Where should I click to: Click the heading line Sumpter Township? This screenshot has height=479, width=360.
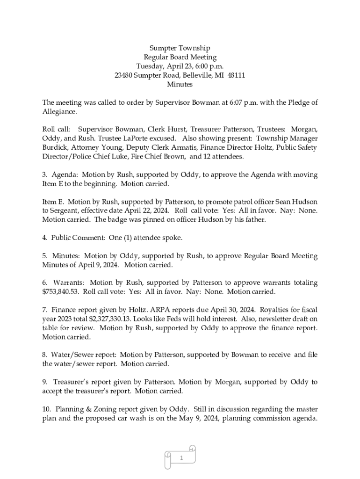[180, 48]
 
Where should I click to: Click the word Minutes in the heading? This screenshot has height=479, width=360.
[180, 85]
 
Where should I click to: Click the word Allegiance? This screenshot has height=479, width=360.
[60, 112]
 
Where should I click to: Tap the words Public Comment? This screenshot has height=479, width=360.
[78, 238]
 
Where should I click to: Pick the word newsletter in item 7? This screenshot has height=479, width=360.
[268, 319]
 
